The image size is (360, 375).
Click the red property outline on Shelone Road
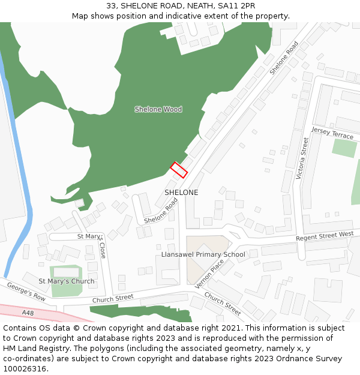coord(179,170)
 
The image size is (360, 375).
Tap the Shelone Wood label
coord(158,109)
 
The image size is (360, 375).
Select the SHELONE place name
coord(181,193)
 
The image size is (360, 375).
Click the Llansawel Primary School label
coord(203,254)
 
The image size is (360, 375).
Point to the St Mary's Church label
coord(67,281)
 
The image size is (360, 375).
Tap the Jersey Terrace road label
coord(332,133)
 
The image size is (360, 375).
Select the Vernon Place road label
coord(209,274)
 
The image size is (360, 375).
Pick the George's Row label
coord(26,292)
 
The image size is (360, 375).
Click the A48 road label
coord(28,313)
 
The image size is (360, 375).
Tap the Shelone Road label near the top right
coord(284,58)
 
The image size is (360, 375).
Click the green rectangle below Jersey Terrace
coord(344,148)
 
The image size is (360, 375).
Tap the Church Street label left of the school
coord(113,298)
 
